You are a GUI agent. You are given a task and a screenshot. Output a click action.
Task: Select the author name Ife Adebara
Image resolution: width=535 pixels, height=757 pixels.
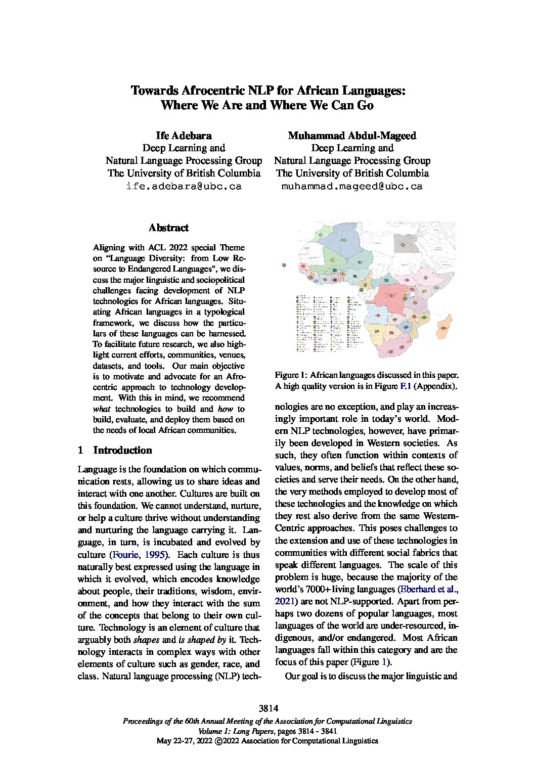tap(184, 136)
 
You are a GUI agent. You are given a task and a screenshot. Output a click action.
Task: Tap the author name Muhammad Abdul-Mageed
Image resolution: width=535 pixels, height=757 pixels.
tap(352, 136)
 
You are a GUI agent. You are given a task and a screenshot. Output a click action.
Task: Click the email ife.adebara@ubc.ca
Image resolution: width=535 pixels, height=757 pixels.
tap(184, 186)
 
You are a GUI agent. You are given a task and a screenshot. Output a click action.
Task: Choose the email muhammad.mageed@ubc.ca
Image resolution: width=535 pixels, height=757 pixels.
tap(352, 186)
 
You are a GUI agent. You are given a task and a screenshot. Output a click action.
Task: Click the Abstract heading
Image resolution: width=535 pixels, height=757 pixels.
tap(168, 228)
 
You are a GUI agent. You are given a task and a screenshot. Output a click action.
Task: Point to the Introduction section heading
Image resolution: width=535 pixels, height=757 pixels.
tap(122, 451)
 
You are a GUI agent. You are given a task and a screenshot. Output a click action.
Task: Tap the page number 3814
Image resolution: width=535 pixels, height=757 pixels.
tap(268, 708)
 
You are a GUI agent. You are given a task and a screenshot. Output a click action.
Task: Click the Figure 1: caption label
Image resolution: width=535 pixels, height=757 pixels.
tap(291, 375)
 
